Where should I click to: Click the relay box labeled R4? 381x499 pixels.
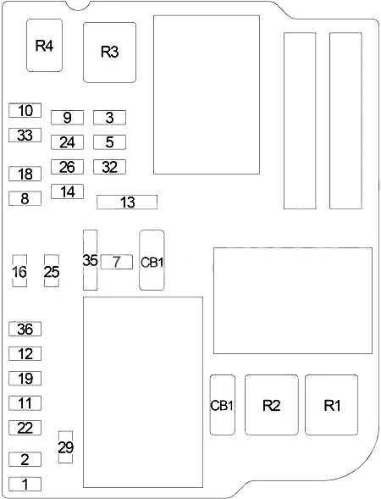pos(44,45)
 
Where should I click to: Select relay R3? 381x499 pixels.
pos(110,53)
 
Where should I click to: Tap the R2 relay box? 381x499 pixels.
pos(272,405)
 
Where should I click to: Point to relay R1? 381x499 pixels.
pos(331,405)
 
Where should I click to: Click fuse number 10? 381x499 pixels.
pos(25,110)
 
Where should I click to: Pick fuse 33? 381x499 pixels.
pos(25,135)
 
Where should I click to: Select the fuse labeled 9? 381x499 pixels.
pos(67,118)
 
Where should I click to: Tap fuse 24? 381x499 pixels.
pos(67,142)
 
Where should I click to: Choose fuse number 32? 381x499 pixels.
pos(109,167)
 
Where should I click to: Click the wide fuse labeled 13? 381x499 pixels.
pos(127,202)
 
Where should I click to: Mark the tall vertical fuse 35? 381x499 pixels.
pos(90,260)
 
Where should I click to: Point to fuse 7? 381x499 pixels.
pos(116,262)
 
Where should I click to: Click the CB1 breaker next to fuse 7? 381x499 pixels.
pos(152,260)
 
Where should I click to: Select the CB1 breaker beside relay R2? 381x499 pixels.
pos(223,405)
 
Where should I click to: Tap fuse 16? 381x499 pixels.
pos(19,271)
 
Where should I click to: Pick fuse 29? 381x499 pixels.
pos(65,447)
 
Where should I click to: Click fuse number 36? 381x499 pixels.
pos(25,329)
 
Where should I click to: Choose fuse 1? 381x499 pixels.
pos(25,484)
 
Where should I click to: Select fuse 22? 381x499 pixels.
pos(25,428)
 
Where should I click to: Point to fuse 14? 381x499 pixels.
pos(67,191)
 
